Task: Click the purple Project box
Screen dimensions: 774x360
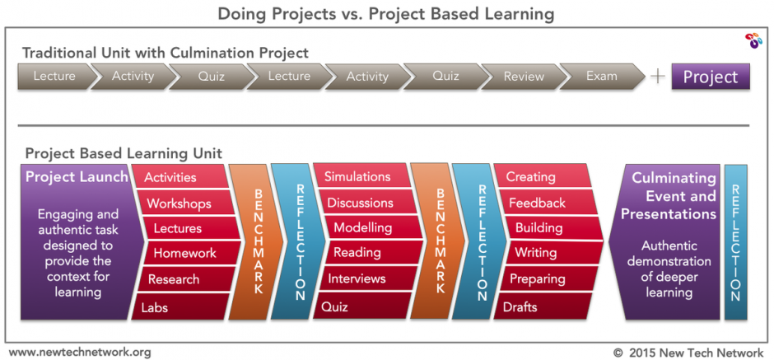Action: pyautogui.click(x=711, y=77)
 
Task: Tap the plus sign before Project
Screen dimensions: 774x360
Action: pyautogui.click(x=658, y=77)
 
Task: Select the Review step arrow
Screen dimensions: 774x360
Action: pyautogui.click(x=525, y=77)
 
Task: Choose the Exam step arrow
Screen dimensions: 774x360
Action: pyautogui.click(x=602, y=77)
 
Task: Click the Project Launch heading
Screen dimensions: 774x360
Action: pyautogui.click(x=77, y=177)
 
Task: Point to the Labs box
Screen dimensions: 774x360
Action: pyautogui.click(x=180, y=307)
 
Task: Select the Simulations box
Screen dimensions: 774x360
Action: pyautogui.click(x=362, y=176)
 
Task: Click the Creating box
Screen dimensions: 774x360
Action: pyautogui.click(x=543, y=176)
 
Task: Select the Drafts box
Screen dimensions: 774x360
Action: pyautogui.click(x=543, y=306)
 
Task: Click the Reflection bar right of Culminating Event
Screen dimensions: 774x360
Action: pyautogui.click(x=735, y=242)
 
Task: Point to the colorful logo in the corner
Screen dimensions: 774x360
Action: pyautogui.click(x=753, y=40)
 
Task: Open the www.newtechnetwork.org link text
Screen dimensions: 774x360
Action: pyautogui.click(x=80, y=353)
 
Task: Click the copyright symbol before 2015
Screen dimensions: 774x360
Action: pyautogui.click(x=618, y=353)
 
